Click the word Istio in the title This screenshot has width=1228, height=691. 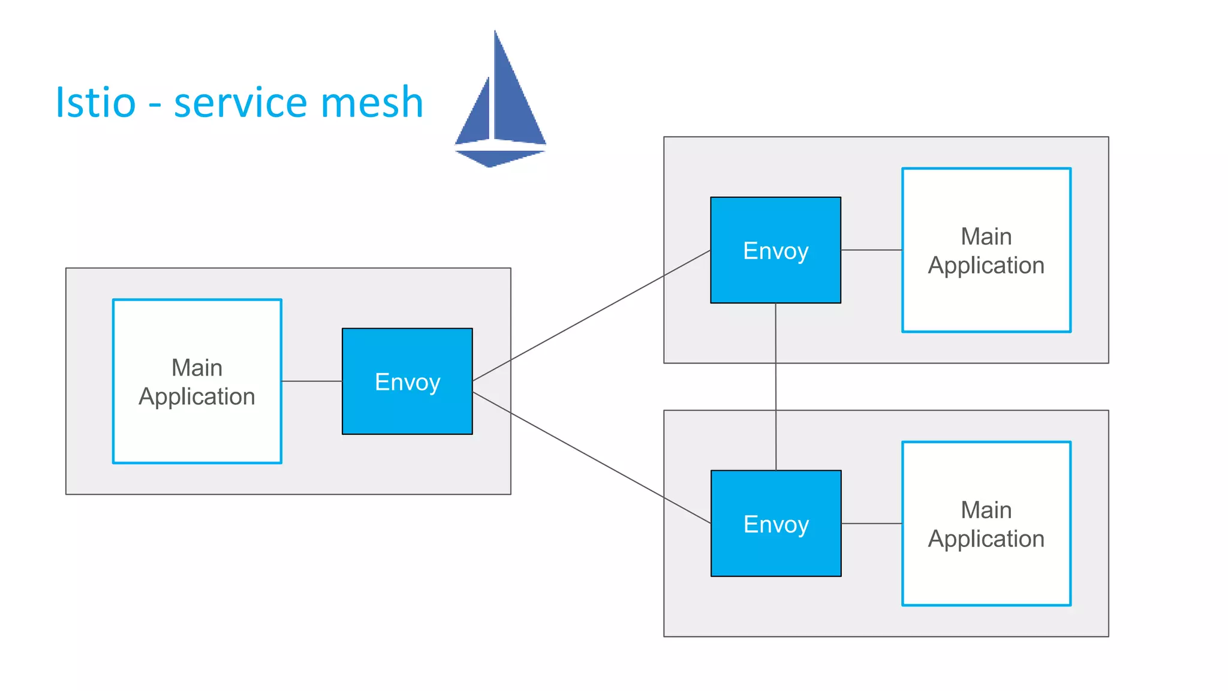96,103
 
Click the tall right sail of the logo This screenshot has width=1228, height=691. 516,102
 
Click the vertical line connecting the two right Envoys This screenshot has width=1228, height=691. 776,387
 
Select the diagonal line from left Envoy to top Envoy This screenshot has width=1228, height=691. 591,316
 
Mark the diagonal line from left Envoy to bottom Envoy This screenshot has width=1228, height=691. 591,458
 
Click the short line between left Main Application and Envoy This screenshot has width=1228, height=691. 312,381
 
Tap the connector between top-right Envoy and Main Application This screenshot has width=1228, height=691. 871,250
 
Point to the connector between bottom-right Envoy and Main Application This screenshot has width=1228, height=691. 871,524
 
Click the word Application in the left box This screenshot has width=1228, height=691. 197,397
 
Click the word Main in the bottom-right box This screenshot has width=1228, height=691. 986,510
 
